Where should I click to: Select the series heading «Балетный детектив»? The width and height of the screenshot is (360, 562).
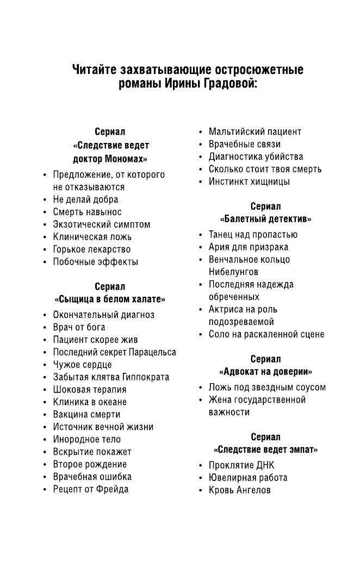[x=265, y=219]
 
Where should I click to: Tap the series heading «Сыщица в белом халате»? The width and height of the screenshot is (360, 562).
[x=110, y=299]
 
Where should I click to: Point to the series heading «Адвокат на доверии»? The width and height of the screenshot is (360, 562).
[x=265, y=372]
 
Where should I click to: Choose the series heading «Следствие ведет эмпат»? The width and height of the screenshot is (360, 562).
[x=265, y=449]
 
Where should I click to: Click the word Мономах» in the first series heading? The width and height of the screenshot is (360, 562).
[x=127, y=159]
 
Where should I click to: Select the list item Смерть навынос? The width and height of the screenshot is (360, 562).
[x=87, y=212]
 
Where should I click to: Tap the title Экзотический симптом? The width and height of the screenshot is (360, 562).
[x=101, y=224]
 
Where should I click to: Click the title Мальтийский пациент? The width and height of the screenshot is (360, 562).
[x=255, y=132]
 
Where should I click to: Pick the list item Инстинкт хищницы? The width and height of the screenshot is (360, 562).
[x=249, y=182]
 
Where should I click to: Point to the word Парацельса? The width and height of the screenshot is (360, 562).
[x=152, y=352]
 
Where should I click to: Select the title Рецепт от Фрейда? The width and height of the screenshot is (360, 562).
[x=90, y=489]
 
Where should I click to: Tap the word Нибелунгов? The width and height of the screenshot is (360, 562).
[x=233, y=272]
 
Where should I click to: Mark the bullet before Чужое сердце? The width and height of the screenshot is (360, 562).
[x=45, y=365]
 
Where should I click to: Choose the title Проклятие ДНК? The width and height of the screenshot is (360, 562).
[x=241, y=465]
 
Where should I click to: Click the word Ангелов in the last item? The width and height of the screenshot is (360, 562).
[x=253, y=490]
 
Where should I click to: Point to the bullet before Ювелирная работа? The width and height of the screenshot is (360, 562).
[x=201, y=478]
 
